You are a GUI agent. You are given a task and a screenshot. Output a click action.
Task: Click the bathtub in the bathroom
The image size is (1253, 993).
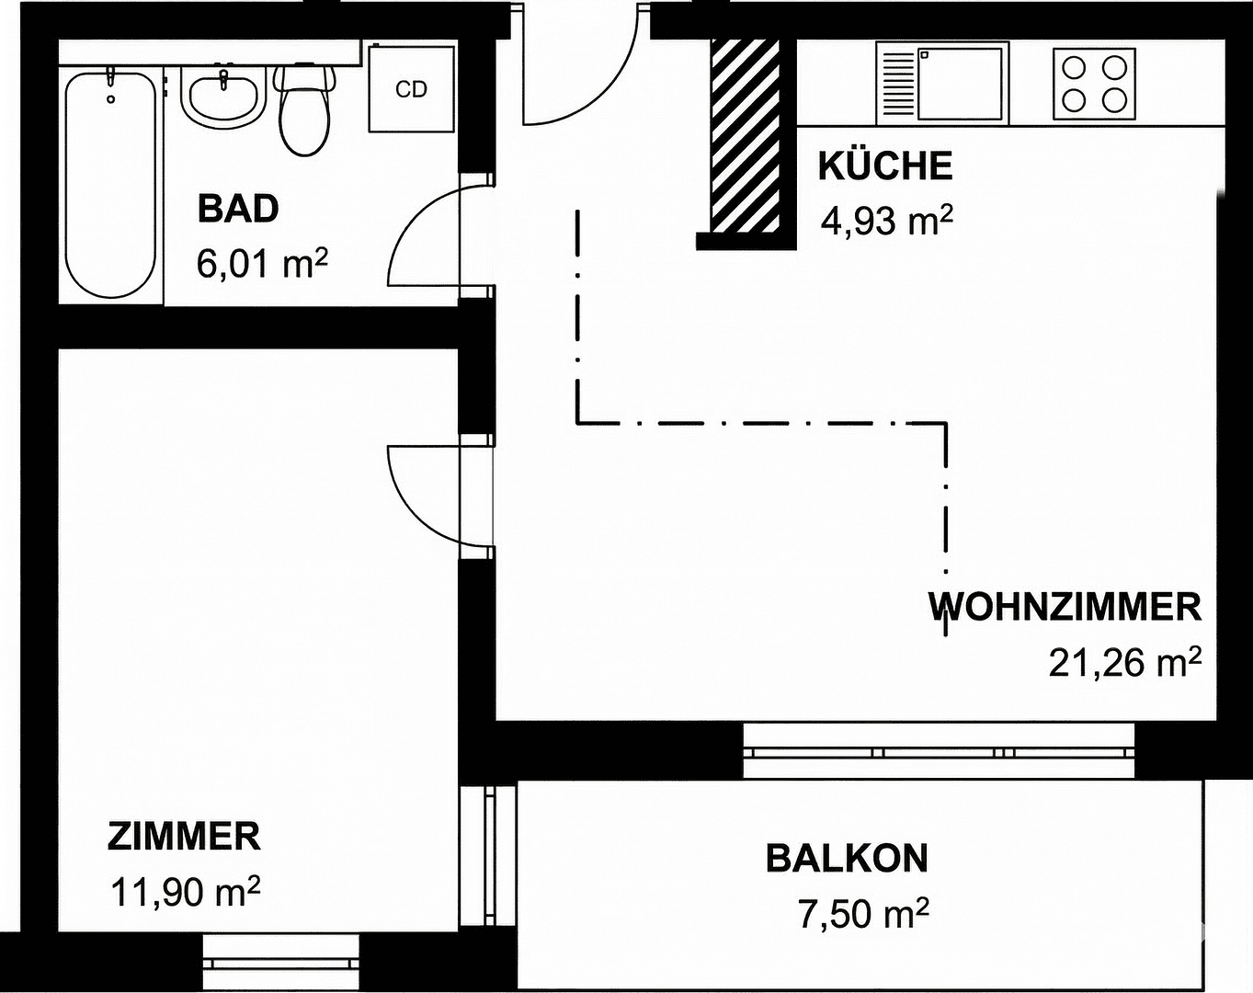[110, 184]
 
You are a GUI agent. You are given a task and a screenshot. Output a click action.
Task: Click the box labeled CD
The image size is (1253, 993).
[411, 88]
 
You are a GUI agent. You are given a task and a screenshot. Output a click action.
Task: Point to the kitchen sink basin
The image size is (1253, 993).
[959, 84]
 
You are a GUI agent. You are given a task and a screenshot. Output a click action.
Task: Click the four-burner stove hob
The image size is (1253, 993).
[1093, 84]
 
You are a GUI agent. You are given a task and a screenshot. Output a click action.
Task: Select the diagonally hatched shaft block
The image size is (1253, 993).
[745, 135]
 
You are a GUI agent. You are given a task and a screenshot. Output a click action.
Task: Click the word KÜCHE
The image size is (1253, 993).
[884, 166]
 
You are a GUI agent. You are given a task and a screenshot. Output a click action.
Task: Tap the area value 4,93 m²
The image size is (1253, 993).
[885, 222]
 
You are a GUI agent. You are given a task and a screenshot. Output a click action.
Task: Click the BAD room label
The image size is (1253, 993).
[237, 209]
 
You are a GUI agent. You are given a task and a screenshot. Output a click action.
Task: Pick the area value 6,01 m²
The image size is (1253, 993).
[261, 264]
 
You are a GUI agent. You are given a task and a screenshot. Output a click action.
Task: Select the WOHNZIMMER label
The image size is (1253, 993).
[1065, 608]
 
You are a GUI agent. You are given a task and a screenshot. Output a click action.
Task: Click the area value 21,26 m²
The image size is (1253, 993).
[1124, 662]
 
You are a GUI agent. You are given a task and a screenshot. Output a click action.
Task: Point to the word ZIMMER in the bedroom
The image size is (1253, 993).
[184, 837]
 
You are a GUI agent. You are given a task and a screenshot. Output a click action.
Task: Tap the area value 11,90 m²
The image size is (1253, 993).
[185, 891]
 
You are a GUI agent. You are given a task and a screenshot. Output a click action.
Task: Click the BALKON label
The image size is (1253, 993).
[847, 859]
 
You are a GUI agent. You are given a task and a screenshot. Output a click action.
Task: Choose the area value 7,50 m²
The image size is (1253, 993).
[862, 914]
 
